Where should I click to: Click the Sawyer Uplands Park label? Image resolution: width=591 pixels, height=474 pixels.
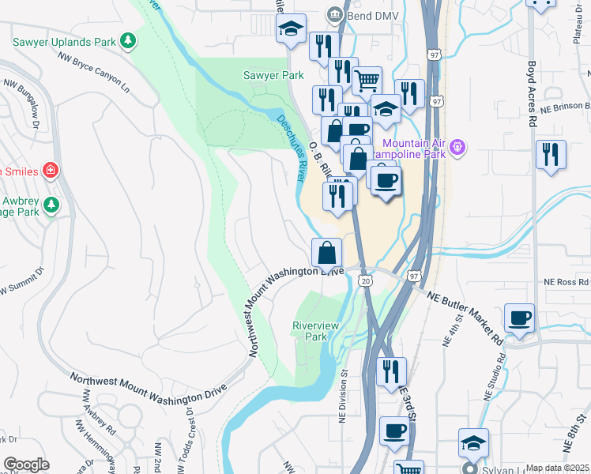(62, 40)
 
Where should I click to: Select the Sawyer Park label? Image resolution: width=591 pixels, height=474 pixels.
(273, 75)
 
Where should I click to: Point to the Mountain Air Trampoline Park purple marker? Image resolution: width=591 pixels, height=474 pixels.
(457, 146)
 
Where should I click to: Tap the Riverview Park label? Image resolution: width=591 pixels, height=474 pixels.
(315, 330)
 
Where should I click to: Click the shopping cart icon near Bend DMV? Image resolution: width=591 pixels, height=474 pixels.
(367, 80)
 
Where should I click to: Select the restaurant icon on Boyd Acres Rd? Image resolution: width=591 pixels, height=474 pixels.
(551, 153)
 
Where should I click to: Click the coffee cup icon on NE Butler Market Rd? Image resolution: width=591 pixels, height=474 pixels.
(519, 318)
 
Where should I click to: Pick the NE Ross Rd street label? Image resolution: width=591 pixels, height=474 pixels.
(567, 281)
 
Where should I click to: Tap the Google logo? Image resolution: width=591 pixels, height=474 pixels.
(25, 465)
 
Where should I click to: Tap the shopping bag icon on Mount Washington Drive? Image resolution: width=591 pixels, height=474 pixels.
(326, 253)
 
